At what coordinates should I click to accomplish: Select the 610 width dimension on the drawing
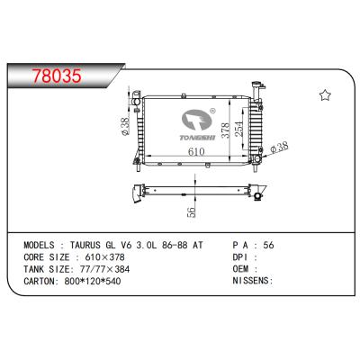point(187,155)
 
